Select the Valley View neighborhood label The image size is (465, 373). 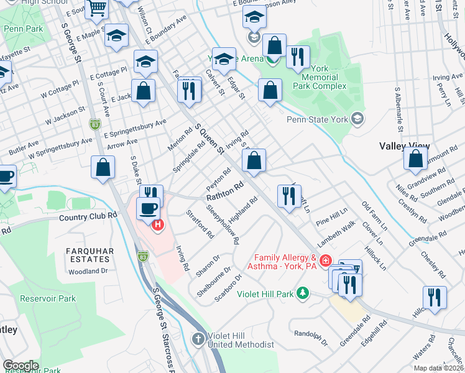coord(404,145)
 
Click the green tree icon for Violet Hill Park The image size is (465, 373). coord(303,292)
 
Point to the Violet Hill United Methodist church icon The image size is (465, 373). coord(198,339)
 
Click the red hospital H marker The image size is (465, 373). coord(157,224)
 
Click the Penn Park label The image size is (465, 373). coord(23,29)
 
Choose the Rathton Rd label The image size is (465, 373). coord(224,191)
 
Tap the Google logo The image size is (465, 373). coord(21,366)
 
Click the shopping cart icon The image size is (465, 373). coord(97,9)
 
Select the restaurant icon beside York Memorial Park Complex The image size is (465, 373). coord(298,57)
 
